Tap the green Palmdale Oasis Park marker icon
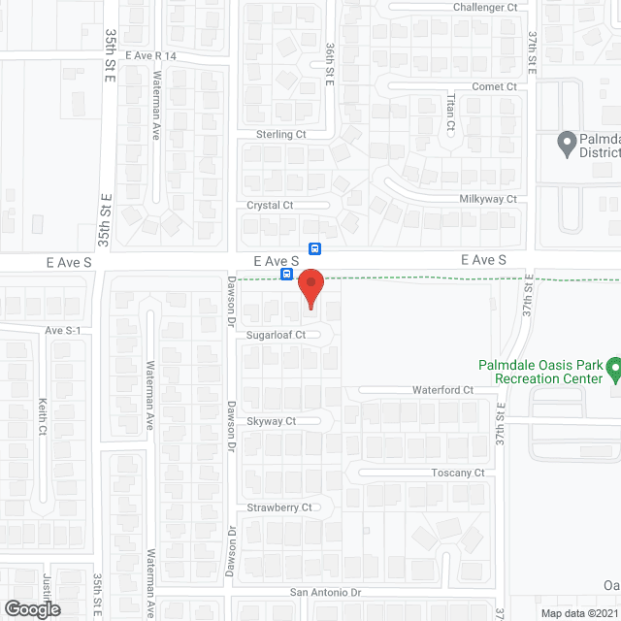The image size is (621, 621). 613,369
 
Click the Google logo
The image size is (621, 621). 31,608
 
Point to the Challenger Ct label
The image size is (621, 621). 486,8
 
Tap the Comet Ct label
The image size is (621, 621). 495,86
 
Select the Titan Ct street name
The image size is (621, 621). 449,113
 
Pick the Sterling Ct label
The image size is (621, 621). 280,134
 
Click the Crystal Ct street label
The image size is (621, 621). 270,205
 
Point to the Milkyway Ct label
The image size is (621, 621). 487,198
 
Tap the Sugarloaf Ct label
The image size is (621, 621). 275,335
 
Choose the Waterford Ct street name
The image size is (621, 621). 441,390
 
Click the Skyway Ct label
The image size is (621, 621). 271,421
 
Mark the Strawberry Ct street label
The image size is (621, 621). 278,507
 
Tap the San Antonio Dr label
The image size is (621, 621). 326,592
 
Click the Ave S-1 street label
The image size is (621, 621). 63,330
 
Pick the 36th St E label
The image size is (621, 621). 330,64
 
